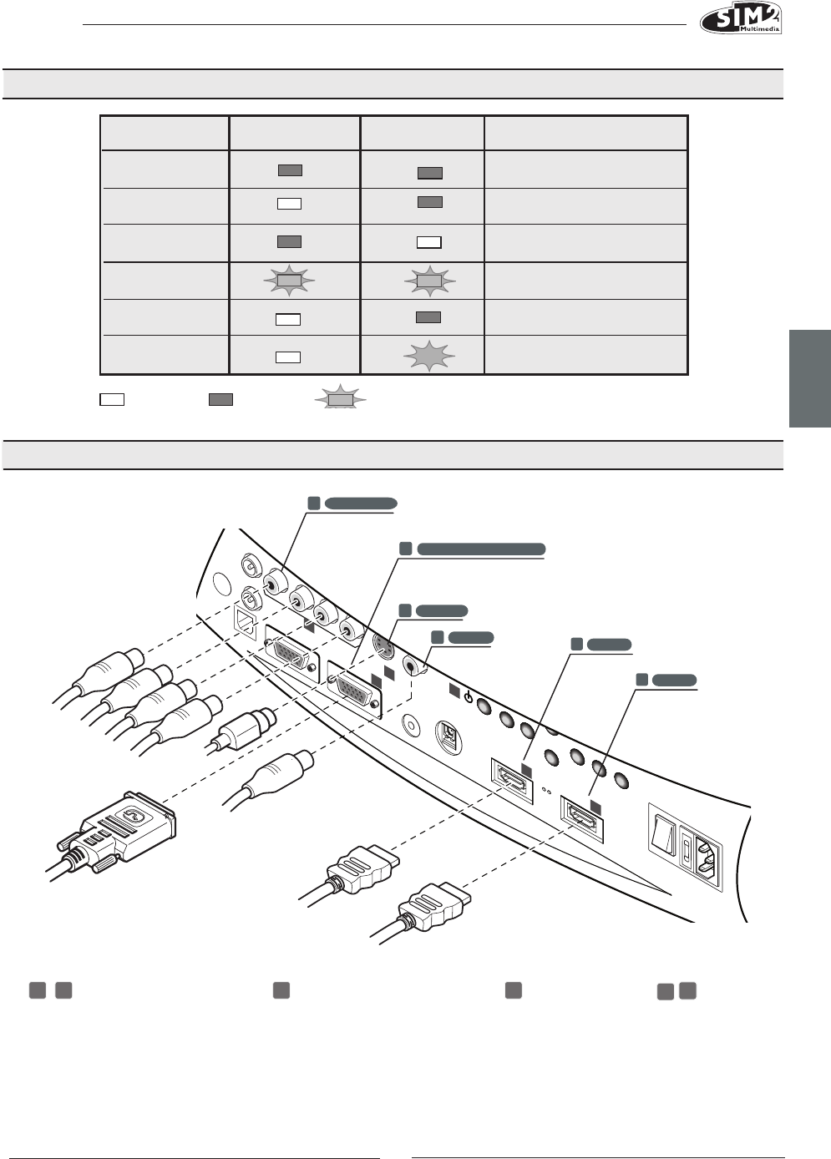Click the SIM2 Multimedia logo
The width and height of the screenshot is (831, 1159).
click(740, 18)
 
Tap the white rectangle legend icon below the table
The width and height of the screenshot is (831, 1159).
click(112, 399)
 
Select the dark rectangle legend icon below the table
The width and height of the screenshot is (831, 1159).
click(220, 399)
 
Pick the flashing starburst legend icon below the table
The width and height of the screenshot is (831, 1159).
click(340, 400)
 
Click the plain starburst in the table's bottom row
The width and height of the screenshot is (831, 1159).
click(429, 357)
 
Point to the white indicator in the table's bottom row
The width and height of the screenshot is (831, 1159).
click(287, 357)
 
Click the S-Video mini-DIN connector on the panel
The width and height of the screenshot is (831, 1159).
click(383, 646)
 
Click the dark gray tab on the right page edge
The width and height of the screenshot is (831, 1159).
click(809, 378)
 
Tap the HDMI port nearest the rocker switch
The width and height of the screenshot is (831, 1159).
click(583, 816)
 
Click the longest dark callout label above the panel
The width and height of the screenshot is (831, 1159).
click(480, 549)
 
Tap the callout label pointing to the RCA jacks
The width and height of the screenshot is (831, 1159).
click(360, 503)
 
